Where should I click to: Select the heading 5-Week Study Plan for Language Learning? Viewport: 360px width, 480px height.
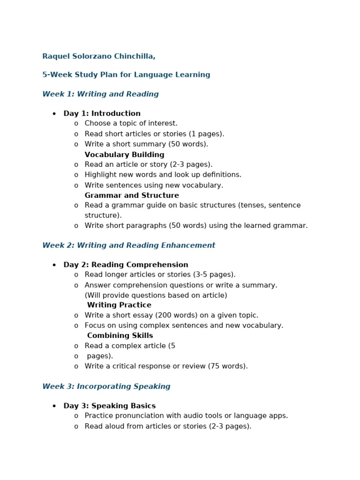[x=126, y=75]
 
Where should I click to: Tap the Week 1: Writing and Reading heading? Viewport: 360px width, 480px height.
[x=100, y=94]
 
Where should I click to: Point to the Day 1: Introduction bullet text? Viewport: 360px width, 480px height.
[x=102, y=113]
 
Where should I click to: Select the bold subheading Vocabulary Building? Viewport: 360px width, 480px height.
[x=124, y=155]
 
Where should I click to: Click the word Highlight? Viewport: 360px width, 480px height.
[x=100, y=175]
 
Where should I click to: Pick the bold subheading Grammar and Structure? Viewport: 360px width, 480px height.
[x=132, y=195]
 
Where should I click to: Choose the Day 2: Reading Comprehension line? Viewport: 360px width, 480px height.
[x=126, y=265]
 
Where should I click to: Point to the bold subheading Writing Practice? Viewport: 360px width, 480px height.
[x=119, y=305]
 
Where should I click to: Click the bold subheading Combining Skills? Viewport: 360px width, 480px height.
[x=120, y=336]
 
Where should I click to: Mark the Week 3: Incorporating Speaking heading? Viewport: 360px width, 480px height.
[x=106, y=387]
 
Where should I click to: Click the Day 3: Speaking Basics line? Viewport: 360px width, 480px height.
[x=109, y=406]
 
